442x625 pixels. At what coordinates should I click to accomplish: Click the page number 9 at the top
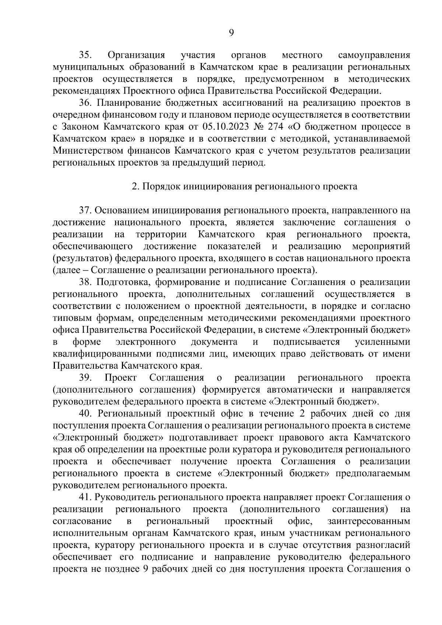[x=231, y=33]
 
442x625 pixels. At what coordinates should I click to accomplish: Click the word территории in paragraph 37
[x=161, y=235]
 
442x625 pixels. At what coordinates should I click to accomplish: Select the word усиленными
[x=382, y=342]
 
